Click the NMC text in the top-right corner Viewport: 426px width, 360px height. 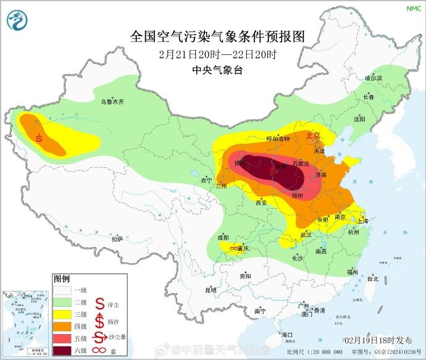[412, 8]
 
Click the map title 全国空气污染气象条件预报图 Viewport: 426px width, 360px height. [218, 36]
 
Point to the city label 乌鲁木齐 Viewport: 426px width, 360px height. [113, 101]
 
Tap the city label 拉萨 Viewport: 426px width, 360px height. [117, 238]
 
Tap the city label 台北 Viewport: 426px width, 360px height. [372, 279]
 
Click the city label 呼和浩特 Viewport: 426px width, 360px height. [277, 140]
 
